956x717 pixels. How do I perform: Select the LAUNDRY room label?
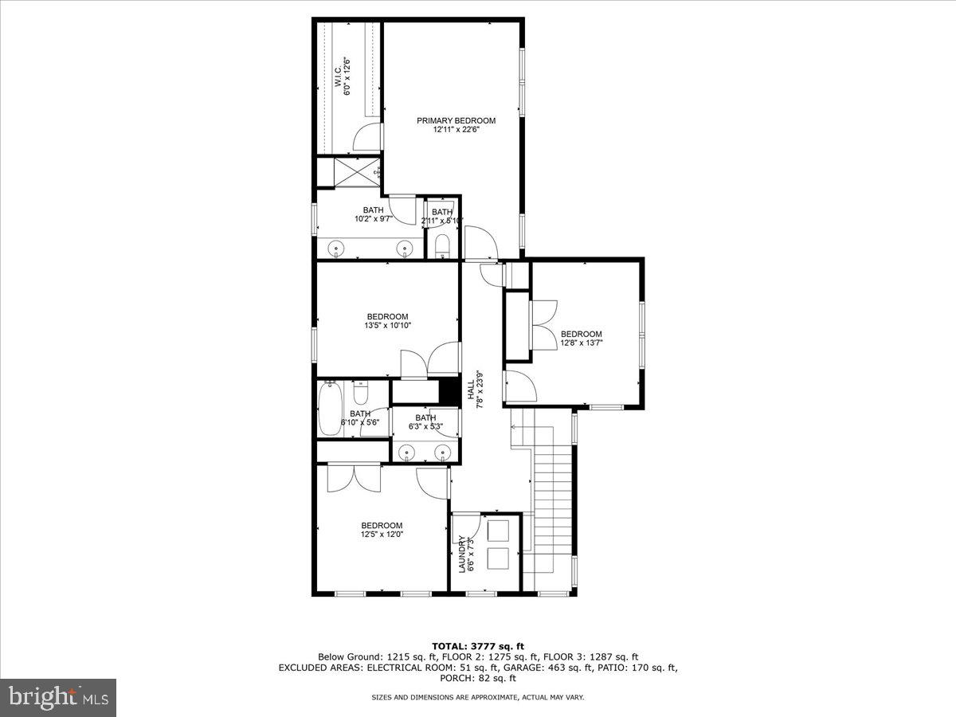click(462, 554)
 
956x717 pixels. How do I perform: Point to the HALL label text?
click(471, 390)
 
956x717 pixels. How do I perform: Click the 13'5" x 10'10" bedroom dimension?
click(387, 325)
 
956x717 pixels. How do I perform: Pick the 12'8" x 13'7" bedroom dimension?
click(581, 343)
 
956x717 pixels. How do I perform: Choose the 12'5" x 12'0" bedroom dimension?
click(382, 535)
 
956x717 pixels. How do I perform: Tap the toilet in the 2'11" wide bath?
click(443, 245)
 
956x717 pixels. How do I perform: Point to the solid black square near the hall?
click(449, 391)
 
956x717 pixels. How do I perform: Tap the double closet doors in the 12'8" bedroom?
click(544, 324)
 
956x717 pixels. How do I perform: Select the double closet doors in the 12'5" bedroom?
click(355, 477)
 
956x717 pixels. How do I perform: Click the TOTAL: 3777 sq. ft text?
click(477, 646)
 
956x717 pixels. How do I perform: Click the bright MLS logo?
click(58, 698)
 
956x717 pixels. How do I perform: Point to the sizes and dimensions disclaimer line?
click(477, 697)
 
